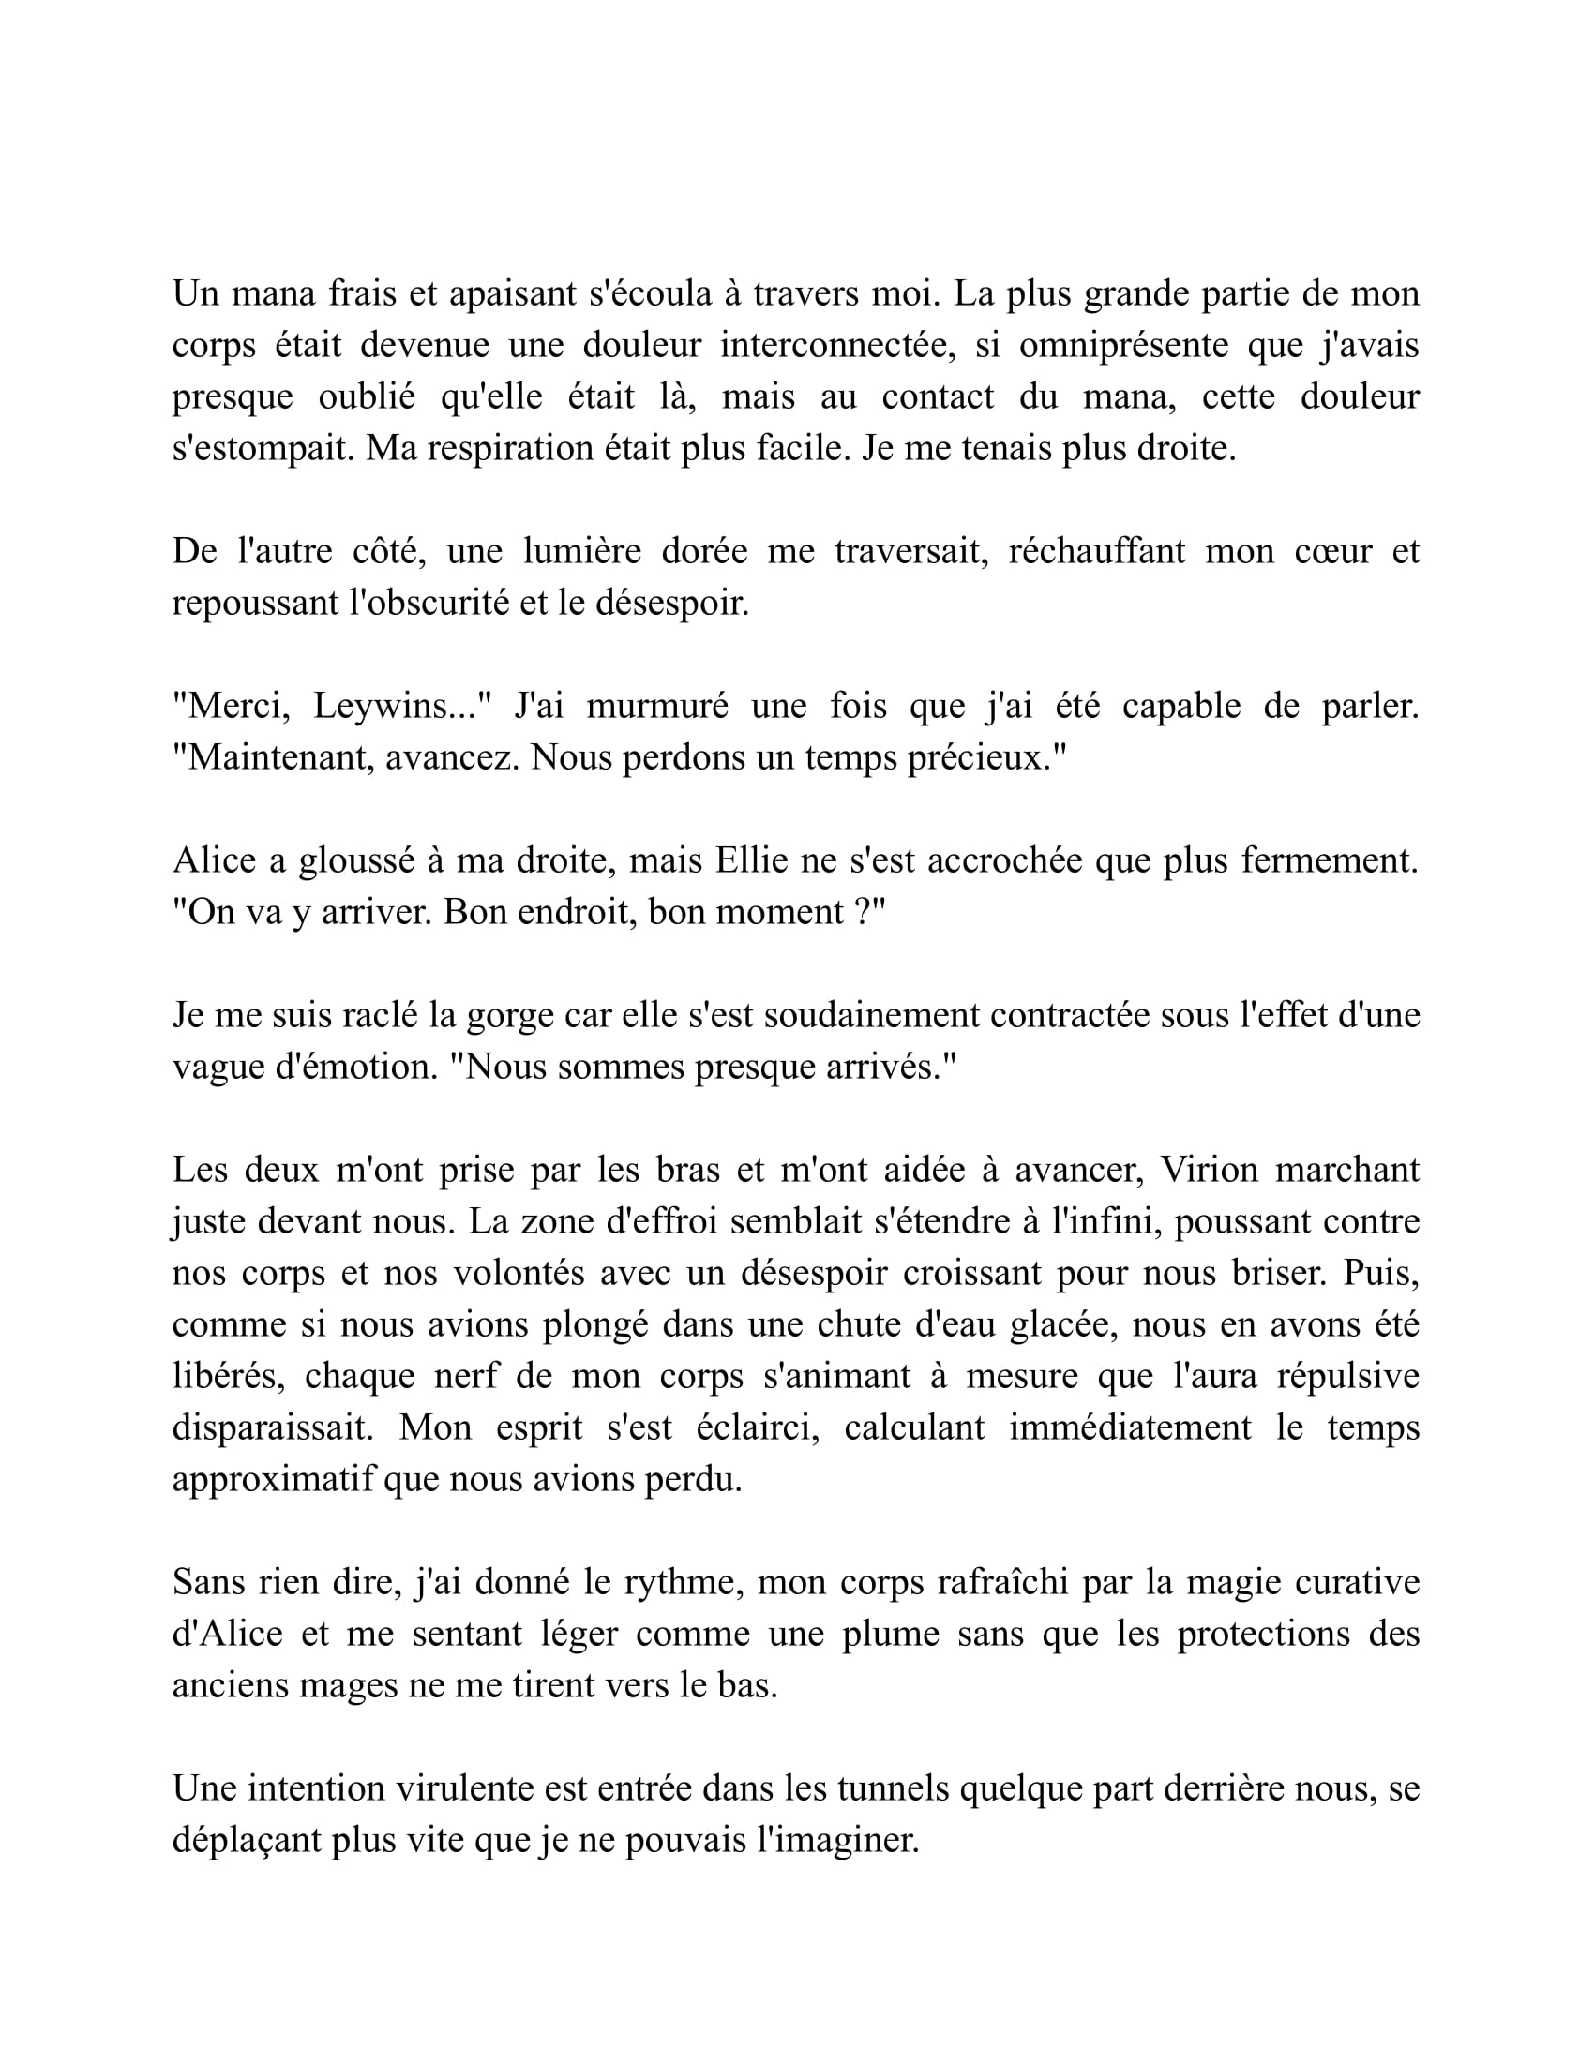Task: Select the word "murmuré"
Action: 657,706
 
